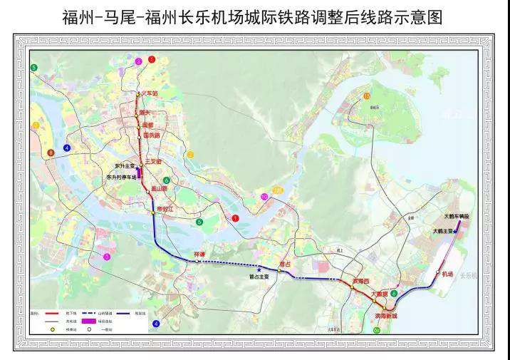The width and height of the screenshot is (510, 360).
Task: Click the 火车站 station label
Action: click(147, 93)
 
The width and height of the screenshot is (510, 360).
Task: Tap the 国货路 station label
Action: click(152, 135)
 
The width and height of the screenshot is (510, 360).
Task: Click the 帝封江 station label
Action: click(165, 209)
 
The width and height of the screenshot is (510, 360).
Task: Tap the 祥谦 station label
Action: click(199, 254)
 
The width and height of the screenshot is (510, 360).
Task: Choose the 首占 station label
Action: click(286, 264)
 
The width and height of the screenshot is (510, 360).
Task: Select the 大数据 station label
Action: click(378, 293)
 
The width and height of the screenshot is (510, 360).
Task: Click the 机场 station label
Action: click(447, 274)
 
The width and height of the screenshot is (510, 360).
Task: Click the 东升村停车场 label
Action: click(121, 177)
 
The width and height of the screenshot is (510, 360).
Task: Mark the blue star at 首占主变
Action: click(259, 269)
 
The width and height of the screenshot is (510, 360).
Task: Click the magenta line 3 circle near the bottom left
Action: click(107, 256)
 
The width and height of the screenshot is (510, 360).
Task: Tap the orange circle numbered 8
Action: click(51, 153)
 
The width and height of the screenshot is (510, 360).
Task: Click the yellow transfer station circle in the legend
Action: click(51, 329)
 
